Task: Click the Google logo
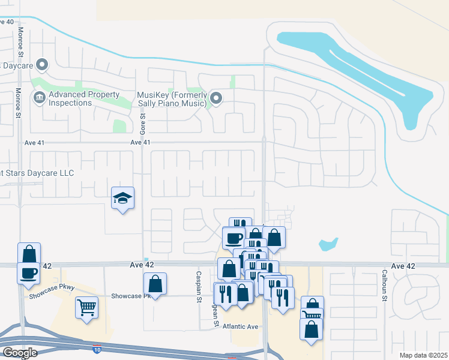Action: tap(20, 353)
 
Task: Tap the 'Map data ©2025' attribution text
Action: tap(423, 355)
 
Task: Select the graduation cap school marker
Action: tap(123, 199)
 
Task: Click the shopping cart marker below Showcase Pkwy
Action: tap(86, 308)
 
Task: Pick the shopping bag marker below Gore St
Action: tap(155, 284)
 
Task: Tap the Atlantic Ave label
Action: tap(240, 326)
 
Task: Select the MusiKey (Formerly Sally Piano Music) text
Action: tap(172, 99)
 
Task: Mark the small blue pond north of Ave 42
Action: tap(328, 244)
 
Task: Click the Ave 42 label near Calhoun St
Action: tap(403, 265)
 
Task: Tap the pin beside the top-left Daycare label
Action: tap(42, 64)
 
